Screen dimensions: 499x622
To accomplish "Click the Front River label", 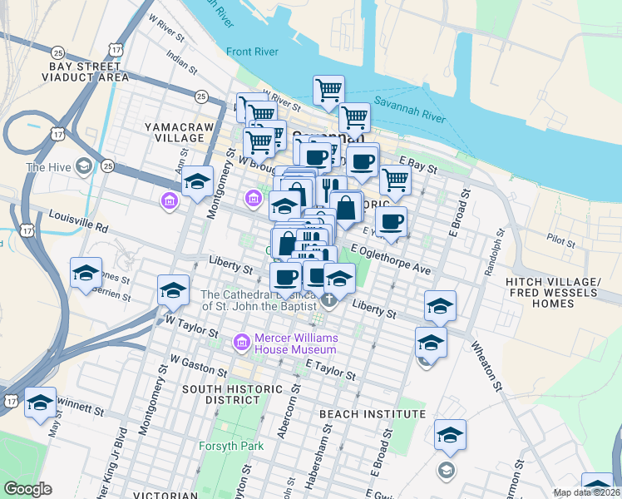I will [252, 52].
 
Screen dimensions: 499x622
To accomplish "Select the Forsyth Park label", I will [231, 446].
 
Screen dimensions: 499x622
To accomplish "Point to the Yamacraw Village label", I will [180, 132].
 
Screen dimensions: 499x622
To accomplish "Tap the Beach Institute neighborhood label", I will [373, 413].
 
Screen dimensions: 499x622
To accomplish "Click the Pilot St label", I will [561, 241].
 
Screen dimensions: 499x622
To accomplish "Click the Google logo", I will [27, 489].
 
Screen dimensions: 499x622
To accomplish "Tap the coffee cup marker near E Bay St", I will [363, 161].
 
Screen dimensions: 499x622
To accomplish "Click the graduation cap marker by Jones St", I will [86, 273].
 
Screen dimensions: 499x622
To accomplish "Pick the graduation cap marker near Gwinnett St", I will [40, 403].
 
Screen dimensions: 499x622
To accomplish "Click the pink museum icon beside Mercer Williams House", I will [243, 341].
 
